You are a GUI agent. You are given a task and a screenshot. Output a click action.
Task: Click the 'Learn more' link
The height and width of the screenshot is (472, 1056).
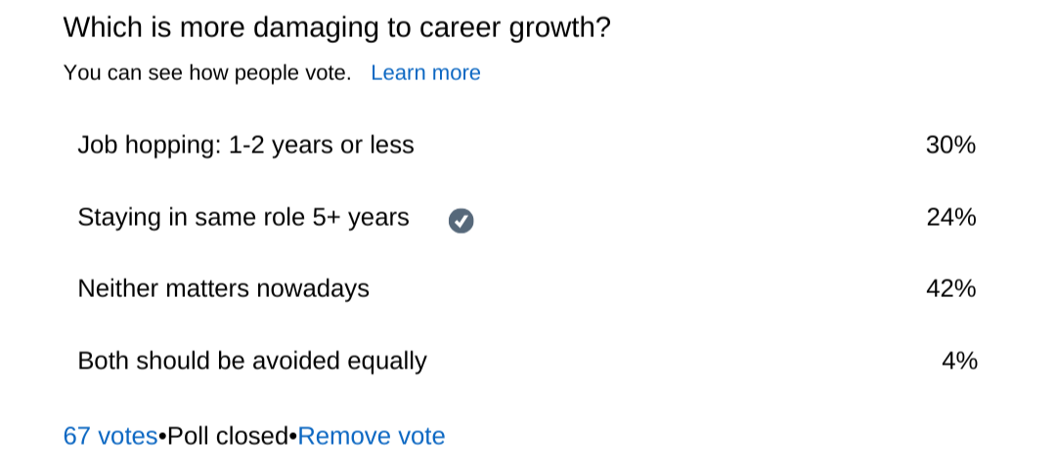[425, 72]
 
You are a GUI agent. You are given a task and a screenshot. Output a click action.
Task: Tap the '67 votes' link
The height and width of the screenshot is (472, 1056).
[110, 436]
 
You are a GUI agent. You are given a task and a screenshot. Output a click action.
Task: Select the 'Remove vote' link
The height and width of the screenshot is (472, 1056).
[372, 436]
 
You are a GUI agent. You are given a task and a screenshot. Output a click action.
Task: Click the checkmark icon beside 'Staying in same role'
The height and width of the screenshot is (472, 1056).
[462, 221]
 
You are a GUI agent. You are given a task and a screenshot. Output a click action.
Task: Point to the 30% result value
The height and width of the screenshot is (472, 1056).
[951, 146]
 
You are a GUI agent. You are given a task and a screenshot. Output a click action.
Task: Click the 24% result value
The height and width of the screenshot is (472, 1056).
[951, 218]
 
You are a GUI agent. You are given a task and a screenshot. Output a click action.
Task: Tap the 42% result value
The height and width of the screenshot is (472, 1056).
[951, 289]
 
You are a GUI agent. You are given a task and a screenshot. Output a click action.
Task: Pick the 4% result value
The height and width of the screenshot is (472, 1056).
[960, 361]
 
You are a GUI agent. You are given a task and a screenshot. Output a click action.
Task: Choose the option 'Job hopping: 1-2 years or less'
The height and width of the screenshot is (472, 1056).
[245, 146]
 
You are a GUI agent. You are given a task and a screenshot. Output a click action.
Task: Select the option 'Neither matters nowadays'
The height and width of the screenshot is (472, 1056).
[224, 289]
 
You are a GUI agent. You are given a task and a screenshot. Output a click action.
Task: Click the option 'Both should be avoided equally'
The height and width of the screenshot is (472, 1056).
[252, 362]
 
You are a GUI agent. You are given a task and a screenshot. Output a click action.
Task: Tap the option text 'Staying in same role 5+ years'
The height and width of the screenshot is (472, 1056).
[243, 218]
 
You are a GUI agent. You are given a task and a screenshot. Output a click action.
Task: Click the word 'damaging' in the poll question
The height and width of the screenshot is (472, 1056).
[315, 28]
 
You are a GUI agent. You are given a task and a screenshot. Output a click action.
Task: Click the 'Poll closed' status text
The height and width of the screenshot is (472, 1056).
[228, 436]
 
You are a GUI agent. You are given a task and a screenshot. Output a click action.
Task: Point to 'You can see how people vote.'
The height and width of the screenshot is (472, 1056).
[207, 72]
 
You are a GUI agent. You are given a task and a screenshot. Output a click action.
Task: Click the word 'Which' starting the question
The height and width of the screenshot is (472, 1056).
[100, 28]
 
